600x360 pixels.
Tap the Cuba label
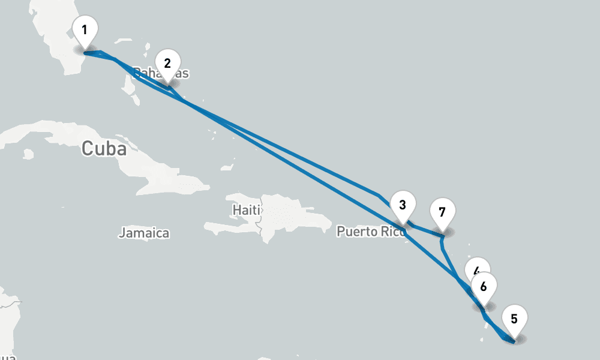[x=104, y=148]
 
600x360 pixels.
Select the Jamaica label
[x=144, y=233]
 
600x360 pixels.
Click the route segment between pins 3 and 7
[x=425, y=229]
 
